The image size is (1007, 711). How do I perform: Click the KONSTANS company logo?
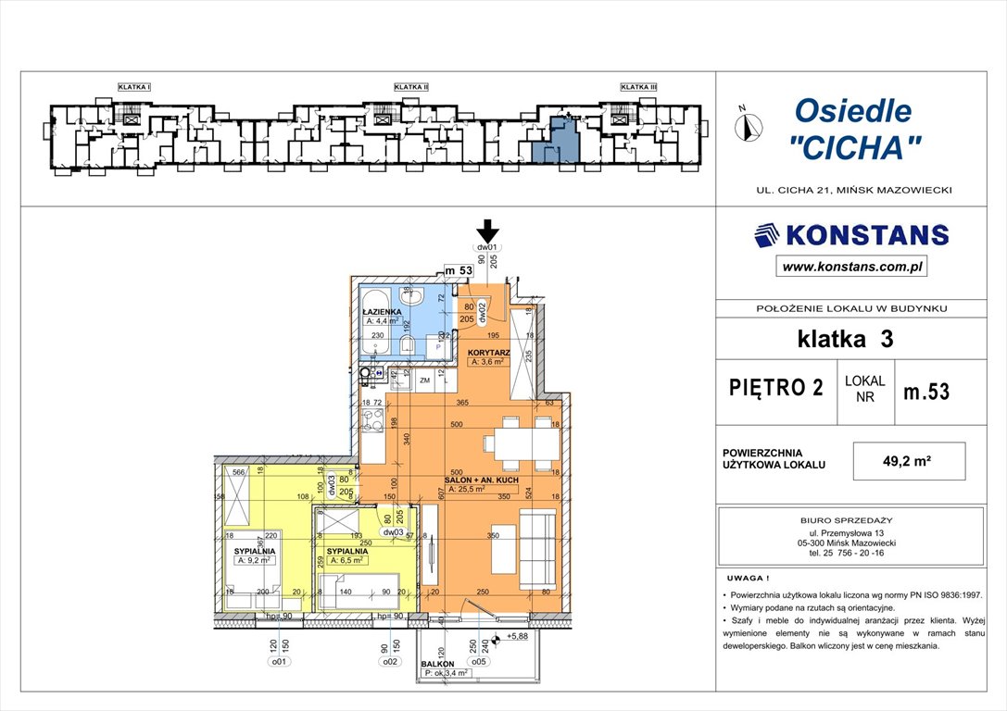click(x=851, y=235)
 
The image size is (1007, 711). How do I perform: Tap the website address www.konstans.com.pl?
click(x=851, y=268)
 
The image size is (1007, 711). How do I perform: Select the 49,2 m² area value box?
click(x=909, y=460)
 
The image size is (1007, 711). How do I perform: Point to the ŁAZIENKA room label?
click(x=382, y=313)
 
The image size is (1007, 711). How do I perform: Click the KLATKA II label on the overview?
click(x=411, y=87)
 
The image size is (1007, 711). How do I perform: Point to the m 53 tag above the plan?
click(x=459, y=270)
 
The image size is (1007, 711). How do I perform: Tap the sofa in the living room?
click(x=538, y=549)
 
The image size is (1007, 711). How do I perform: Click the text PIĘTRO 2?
click(x=775, y=387)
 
